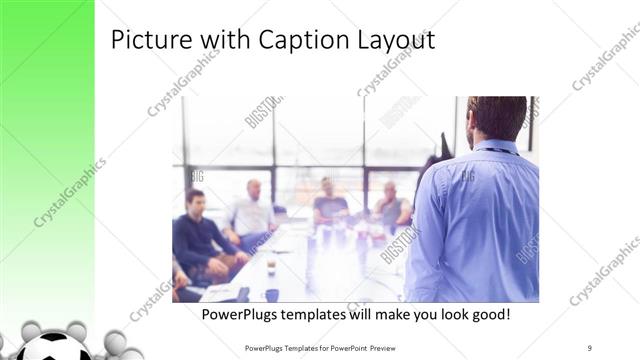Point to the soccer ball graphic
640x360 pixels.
pyautogui.click(x=56, y=348)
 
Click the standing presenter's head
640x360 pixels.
pyautogui.click(x=497, y=116)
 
